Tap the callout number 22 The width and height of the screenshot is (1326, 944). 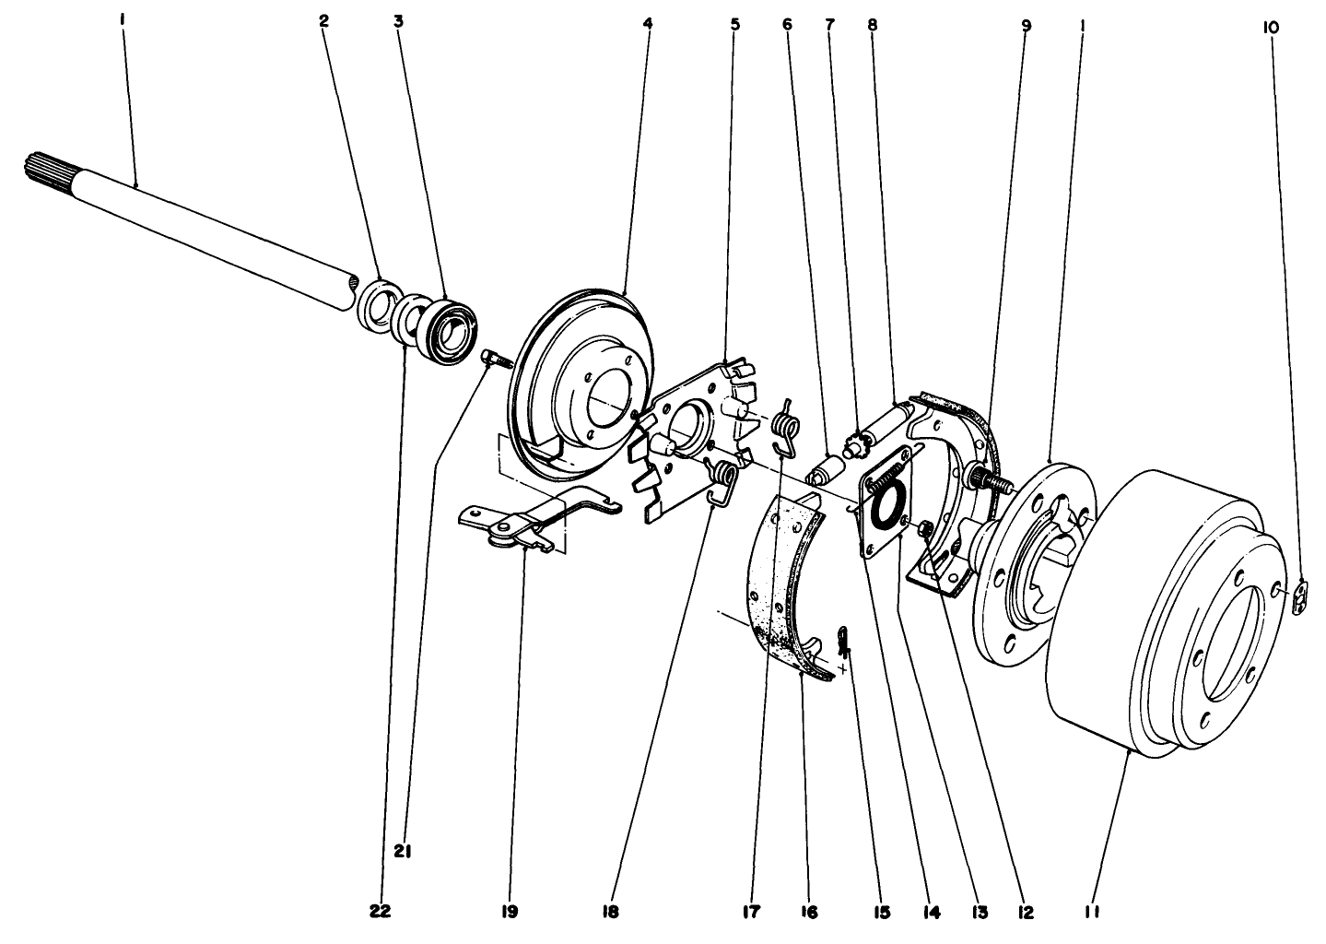point(380,912)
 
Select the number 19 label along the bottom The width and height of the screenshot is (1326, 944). point(510,912)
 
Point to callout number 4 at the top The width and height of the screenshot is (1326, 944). point(648,24)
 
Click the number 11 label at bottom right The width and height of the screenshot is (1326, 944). point(1093,912)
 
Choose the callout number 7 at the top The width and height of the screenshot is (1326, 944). point(829,24)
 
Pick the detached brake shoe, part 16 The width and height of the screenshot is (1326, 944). point(783,590)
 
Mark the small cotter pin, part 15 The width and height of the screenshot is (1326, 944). point(844,638)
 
